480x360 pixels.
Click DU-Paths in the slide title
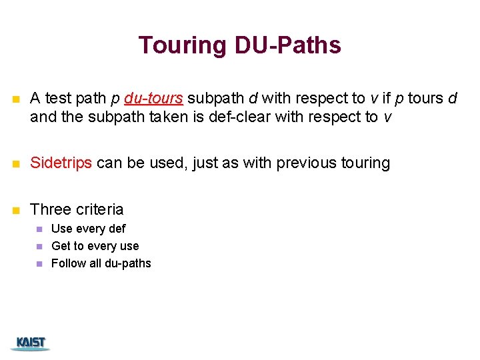coord(287,45)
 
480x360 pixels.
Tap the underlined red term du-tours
coord(153,99)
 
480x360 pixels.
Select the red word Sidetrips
coord(61,163)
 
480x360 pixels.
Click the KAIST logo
coord(31,343)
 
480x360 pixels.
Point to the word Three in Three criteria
coord(51,209)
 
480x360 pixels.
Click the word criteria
coord(99,209)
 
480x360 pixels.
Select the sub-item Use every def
coord(88,229)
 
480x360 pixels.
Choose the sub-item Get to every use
coord(95,246)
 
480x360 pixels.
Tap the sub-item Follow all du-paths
coord(101,263)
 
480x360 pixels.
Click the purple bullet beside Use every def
coord(39,229)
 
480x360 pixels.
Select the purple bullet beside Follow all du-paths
coord(39,264)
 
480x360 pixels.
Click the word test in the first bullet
coord(57,99)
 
